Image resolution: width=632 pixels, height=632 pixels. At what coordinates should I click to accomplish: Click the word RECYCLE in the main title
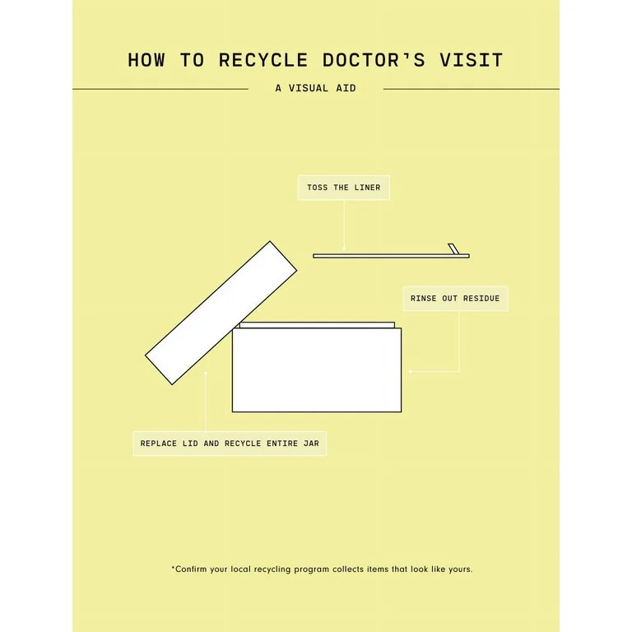[263, 60]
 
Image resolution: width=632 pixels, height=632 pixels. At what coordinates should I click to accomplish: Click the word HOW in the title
[149, 60]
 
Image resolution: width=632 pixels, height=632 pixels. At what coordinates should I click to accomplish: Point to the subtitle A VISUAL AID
[316, 88]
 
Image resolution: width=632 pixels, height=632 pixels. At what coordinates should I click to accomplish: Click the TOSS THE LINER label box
[344, 188]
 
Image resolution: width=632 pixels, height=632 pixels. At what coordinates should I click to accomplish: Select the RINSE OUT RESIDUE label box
[455, 298]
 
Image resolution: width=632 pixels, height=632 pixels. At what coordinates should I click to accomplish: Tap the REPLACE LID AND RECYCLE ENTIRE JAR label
[230, 443]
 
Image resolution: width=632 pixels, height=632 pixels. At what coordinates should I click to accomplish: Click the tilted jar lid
[221, 312]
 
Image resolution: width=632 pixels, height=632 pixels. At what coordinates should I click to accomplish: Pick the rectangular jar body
[317, 370]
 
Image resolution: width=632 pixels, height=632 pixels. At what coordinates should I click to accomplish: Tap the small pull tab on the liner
[452, 249]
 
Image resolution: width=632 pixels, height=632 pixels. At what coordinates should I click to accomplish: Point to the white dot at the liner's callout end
[344, 249]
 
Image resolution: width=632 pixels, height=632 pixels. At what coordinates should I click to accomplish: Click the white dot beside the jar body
[411, 372]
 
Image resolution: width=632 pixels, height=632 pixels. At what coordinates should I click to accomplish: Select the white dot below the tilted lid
[206, 373]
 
